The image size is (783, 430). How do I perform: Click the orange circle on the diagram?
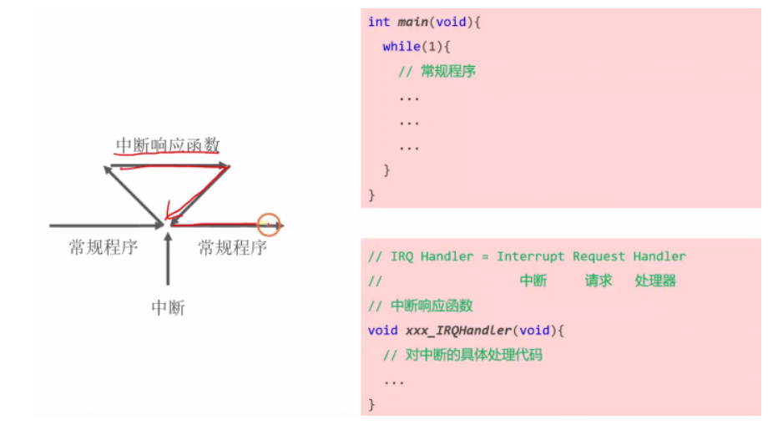tap(269, 225)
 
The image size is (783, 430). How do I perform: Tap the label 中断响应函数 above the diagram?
tap(167, 145)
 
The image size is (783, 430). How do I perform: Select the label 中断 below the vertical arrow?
tap(168, 308)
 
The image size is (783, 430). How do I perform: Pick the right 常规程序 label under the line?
tap(232, 247)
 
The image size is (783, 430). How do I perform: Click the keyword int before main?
tap(379, 22)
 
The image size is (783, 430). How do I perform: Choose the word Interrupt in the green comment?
tap(531, 256)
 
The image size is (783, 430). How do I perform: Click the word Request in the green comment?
tap(599, 256)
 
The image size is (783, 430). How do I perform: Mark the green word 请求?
tap(599, 281)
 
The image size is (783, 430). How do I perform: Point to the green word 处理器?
tap(655, 281)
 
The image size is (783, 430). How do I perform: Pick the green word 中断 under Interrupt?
tap(533, 281)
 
